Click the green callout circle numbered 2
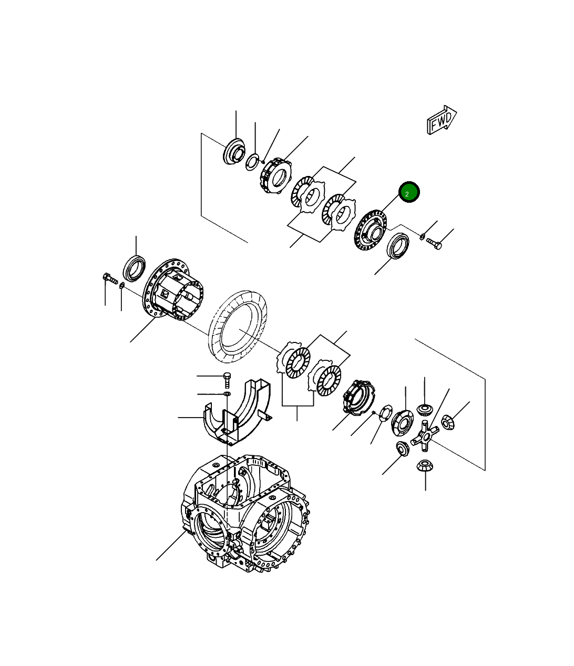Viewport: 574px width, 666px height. pos(409,192)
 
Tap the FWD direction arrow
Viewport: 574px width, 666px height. pos(442,120)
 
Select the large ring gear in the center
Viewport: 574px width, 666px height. pos(238,327)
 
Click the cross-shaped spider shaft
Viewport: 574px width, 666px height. pos(425,435)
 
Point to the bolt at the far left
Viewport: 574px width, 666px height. pos(110,278)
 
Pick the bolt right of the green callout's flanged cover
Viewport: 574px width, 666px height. pos(434,243)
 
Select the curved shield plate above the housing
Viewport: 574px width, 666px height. pos(237,413)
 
